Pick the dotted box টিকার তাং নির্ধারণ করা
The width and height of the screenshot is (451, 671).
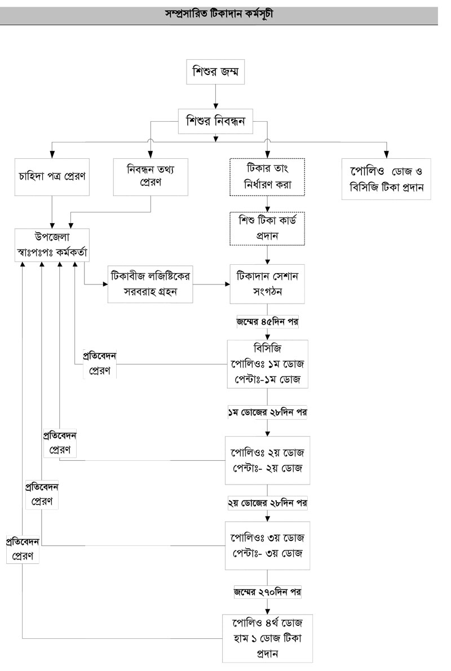[267, 177]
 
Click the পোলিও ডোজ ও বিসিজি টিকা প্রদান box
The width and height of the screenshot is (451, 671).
[387, 179]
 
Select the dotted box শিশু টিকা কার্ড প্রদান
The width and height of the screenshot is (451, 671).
[267, 229]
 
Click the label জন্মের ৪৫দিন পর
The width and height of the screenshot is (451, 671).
[267, 323]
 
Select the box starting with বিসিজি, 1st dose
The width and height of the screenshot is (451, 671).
[267, 364]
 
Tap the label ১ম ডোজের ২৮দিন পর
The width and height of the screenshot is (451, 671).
[267, 412]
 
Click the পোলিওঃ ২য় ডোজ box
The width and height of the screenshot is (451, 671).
[267, 460]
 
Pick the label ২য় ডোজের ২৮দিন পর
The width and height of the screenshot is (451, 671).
[267, 502]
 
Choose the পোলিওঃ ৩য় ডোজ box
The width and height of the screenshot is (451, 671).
[267, 545]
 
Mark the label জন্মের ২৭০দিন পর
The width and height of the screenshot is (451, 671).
[267, 592]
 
